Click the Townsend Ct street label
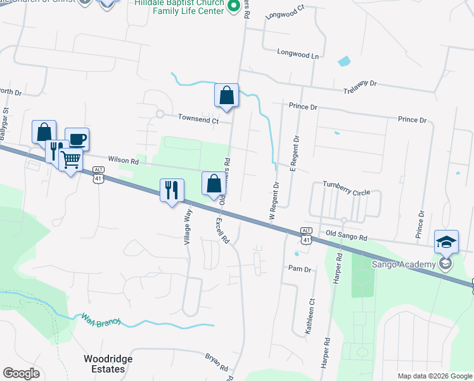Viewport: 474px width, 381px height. [198, 119]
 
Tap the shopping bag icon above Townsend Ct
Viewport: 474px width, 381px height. [226, 96]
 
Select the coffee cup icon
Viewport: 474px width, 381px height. [77, 140]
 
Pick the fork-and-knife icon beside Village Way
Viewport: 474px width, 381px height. [172, 190]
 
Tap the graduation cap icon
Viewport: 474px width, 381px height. [446, 241]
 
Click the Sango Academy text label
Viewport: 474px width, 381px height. [408, 264]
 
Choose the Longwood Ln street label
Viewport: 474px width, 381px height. [298, 55]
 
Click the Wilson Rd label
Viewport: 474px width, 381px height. [123, 161]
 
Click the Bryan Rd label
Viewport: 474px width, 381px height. [217, 363]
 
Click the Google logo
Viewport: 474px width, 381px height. [22, 373]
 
